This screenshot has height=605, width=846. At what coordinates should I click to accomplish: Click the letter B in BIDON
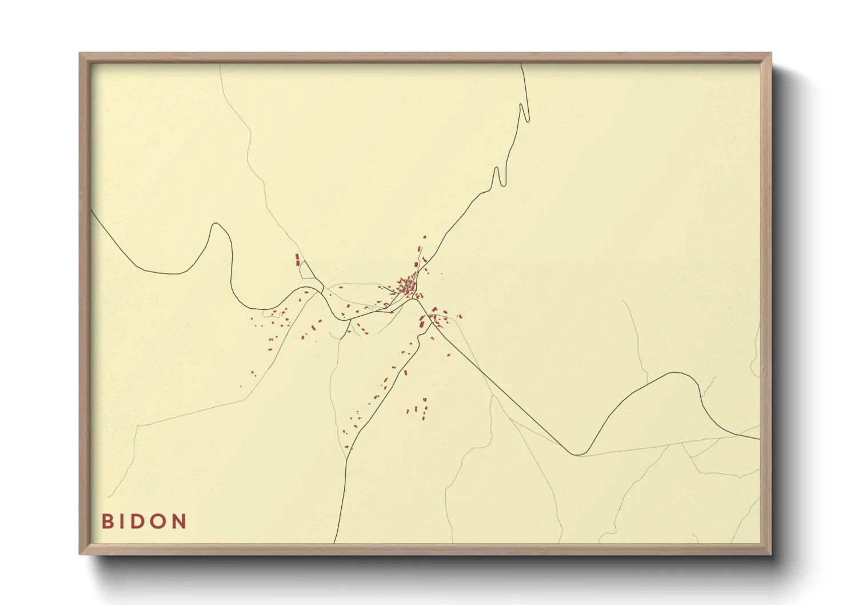pyautogui.click(x=107, y=522)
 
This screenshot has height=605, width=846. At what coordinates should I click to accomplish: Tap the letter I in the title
pyautogui.click(x=122, y=522)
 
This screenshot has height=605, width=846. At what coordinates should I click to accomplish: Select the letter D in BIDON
pyautogui.click(x=138, y=522)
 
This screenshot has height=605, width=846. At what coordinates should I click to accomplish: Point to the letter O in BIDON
pyautogui.click(x=158, y=522)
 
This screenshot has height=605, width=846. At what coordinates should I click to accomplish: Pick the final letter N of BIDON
pyautogui.click(x=179, y=522)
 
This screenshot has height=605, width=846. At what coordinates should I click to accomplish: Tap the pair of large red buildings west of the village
pyautogui.click(x=297, y=260)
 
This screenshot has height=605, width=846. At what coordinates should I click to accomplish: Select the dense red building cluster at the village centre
pyautogui.click(x=407, y=286)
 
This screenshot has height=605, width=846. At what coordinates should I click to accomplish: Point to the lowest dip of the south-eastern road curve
pyautogui.click(x=578, y=455)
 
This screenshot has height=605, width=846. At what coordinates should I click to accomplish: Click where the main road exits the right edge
pyautogui.click(x=760, y=439)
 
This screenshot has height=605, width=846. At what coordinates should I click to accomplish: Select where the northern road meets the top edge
pyautogui.click(x=521, y=64)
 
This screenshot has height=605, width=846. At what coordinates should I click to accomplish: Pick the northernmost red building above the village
pyautogui.click(x=424, y=236)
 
